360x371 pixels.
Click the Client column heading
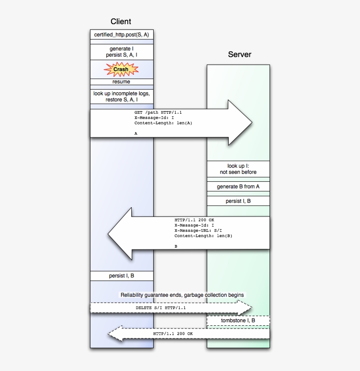click(x=121, y=22)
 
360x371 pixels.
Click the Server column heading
click(x=239, y=54)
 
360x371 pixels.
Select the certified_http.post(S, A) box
click(x=122, y=35)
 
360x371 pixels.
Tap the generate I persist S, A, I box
click(x=122, y=52)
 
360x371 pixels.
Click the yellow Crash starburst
click(x=121, y=69)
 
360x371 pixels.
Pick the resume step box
click(x=122, y=82)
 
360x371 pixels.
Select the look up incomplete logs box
click(x=122, y=97)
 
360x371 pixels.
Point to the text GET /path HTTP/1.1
click(x=158, y=112)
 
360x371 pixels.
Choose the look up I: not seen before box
click(x=238, y=169)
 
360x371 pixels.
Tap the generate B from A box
click(x=238, y=187)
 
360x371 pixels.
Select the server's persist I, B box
click(x=238, y=201)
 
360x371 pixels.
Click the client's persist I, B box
click(x=122, y=276)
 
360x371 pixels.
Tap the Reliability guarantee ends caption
click(x=182, y=295)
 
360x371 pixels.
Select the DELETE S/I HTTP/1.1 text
click(x=161, y=308)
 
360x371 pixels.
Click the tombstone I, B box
click(x=238, y=321)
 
